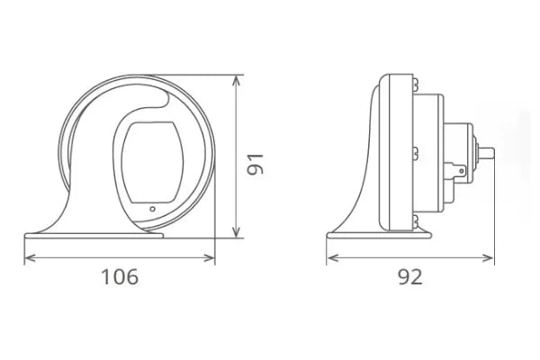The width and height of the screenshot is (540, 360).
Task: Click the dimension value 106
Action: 119,277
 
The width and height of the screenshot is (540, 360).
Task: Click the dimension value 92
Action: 409,277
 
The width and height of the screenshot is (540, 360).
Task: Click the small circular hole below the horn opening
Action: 152,210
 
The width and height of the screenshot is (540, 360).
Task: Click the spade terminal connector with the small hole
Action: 460,168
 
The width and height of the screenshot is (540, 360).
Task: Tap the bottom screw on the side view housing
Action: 415,220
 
